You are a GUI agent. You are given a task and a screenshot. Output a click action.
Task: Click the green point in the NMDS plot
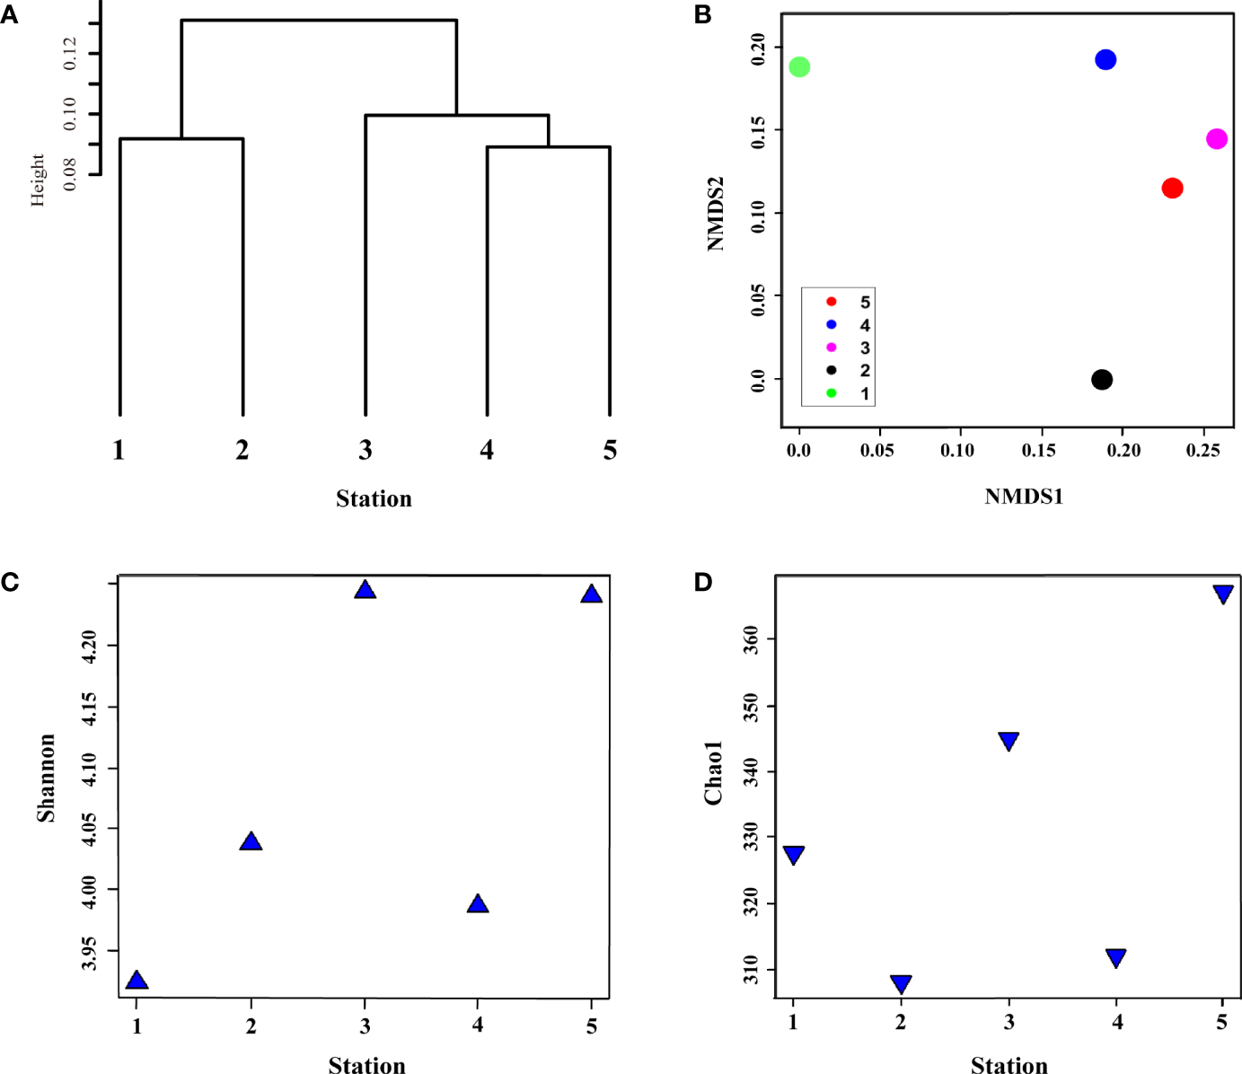click(799, 66)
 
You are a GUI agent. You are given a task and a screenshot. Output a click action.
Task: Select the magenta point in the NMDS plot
click(1216, 138)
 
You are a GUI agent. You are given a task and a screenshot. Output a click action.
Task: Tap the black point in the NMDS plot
click(1102, 380)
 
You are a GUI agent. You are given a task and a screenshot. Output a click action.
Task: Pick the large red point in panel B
click(1172, 188)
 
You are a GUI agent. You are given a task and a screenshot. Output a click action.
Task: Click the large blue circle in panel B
click(1105, 59)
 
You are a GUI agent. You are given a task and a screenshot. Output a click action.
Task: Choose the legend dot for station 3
click(832, 348)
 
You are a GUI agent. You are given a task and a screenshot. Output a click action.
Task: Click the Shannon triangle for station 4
click(478, 904)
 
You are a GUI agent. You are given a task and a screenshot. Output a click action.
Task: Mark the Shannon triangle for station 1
click(137, 981)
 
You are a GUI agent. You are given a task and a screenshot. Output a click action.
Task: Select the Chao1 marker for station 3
click(1009, 741)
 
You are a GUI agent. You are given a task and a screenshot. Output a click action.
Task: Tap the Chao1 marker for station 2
click(901, 984)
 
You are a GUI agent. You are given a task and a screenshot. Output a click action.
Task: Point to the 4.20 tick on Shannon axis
click(88, 646)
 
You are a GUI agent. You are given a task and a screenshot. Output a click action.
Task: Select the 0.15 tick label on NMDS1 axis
click(1038, 450)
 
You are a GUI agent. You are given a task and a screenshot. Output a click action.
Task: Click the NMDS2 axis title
click(715, 214)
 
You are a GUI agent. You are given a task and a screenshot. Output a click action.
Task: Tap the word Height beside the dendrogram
click(37, 180)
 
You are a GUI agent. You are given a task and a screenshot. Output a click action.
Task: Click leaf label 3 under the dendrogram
click(365, 450)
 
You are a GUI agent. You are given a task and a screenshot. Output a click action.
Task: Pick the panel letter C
click(10, 582)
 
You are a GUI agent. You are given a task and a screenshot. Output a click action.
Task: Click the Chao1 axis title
click(713, 772)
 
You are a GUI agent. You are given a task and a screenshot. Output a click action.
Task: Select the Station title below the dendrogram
click(374, 498)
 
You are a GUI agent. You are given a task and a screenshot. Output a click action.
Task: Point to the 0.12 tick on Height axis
click(70, 54)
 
